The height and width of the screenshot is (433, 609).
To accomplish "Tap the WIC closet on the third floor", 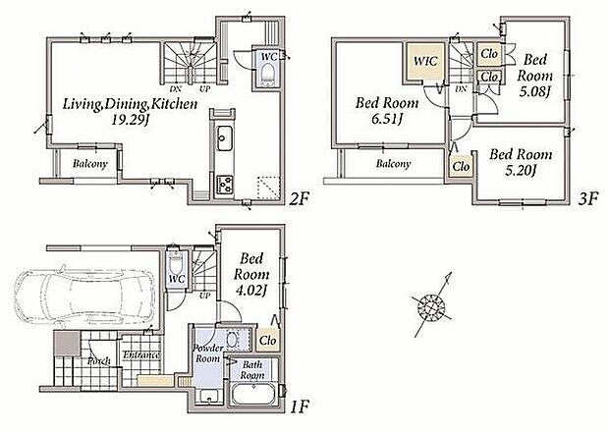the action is click(x=425, y=61).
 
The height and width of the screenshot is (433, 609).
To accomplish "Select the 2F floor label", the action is click(x=300, y=199).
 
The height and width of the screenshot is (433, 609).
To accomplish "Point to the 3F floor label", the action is click(x=588, y=199).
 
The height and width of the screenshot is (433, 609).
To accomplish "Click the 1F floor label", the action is click(x=299, y=407).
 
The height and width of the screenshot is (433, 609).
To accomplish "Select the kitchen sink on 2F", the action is click(x=225, y=138).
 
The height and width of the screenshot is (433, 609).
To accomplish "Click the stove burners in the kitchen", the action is click(x=225, y=185).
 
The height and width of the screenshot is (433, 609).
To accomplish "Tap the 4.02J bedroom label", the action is click(x=250, y=291).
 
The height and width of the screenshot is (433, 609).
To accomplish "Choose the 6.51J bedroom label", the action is click(x=386, y=119).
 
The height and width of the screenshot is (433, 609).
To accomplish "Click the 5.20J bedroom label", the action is click(x=521, y=170).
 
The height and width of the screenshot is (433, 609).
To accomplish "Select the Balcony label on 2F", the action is click(x=89, y=164).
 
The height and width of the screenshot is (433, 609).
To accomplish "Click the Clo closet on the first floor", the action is click(x=268, y=340).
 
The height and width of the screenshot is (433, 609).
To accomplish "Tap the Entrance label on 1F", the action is click(x=141, y=354).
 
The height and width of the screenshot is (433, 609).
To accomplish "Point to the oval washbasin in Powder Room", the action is click(x=233, y=340).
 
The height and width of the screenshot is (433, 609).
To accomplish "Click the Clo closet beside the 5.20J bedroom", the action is click(x=461, y=166).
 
